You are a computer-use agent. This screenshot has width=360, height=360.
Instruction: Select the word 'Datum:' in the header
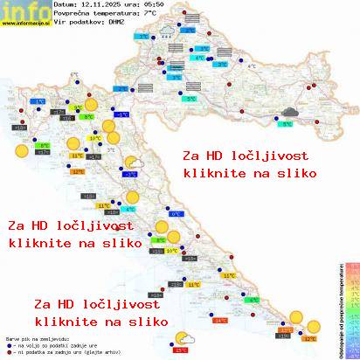click(66, 5)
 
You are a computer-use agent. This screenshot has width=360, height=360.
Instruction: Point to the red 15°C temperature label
click(181, 350)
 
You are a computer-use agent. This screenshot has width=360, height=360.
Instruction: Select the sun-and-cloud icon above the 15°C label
click(184, 338)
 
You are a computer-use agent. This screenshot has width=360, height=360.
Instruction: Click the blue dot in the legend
click(8, 343)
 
